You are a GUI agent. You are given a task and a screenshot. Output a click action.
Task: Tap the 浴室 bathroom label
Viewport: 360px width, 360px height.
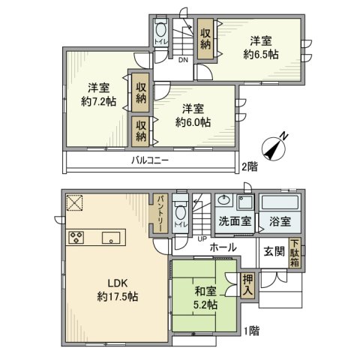(280, 222)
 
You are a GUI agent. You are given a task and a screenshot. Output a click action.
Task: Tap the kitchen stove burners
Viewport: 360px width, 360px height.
(77, 239)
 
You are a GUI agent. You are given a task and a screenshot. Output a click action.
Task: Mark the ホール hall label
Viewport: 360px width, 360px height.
(223, 247)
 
